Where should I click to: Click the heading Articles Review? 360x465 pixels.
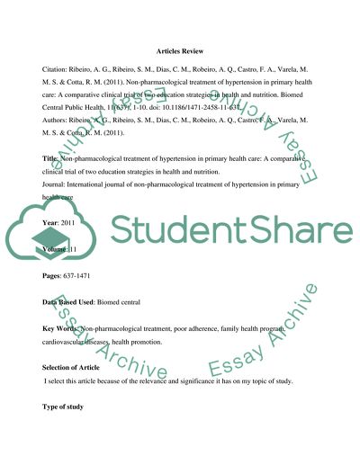point(179,51)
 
